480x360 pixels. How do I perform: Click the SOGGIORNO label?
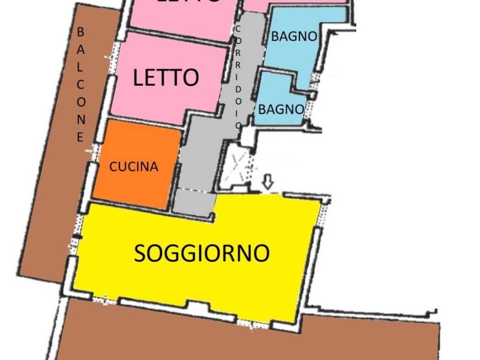[202, 254]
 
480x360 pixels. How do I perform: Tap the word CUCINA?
[134, 167]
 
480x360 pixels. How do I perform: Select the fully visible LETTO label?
[166, 77]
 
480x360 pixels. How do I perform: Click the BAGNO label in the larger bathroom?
[294, 37]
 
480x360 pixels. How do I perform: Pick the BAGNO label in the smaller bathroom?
[281, 109]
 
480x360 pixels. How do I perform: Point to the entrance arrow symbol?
[267, 182]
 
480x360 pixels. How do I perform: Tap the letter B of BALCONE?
[80, 32]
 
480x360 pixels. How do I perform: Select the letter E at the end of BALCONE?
[80, 137]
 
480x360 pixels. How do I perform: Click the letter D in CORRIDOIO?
[238, 89]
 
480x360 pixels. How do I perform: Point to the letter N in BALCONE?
[81, 120]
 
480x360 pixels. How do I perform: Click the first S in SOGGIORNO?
[140, 254]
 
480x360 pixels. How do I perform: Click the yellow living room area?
[197, 281]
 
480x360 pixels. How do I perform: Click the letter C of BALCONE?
[81, 85]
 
